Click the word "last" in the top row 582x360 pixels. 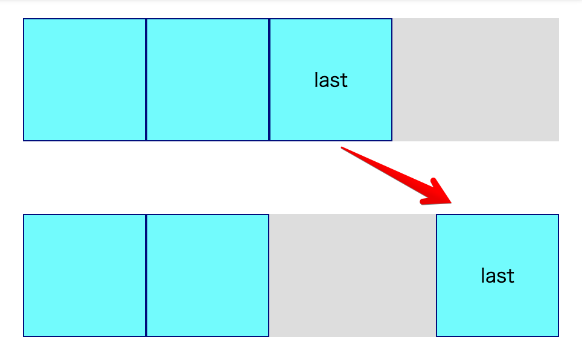point(331,80)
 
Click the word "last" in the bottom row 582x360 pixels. point(497,275)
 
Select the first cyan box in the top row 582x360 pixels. point(85,80)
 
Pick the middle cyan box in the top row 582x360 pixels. point(208,80)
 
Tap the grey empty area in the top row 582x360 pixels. point(476,80)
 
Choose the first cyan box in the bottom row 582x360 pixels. point(85,275)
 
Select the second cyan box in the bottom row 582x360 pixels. point(208,275)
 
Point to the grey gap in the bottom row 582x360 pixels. point(353,275)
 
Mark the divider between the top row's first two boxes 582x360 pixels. point(146,80)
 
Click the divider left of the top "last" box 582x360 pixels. point(269,80)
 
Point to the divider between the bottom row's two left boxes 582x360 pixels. point(146,275)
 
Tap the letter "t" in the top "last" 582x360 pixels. point(345,80)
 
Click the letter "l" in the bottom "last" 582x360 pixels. point(483,275)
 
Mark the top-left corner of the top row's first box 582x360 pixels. point(24,19)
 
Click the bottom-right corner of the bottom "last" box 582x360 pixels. point(558,336)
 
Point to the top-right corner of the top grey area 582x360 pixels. point(558,19)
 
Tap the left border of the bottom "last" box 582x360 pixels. point(436,275)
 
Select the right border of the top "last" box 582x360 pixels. point(392,80)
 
